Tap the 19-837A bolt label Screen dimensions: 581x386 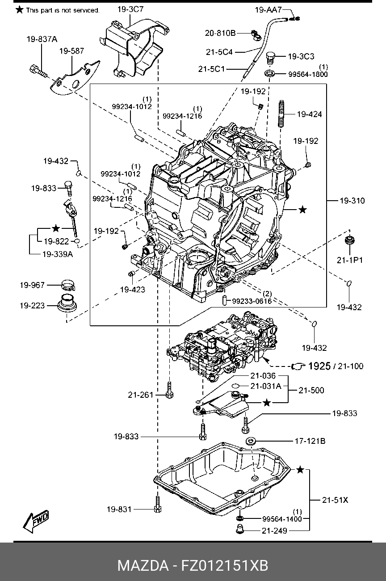tap(42, 39)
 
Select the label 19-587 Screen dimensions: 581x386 tap(71, 51)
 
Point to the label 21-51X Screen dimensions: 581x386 tap(335, 500)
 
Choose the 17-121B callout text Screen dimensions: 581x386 tap(310, 441)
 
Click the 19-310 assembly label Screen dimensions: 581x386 tap(352, 201)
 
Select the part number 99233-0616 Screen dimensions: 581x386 tap(252, 301)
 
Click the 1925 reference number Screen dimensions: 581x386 tap(319, 366)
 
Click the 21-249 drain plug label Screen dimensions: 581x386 tap(274, 530)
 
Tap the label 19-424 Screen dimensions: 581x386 tap(309, 114)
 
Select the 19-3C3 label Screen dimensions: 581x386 tap(301, 56)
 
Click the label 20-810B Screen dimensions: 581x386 tap(220, 33)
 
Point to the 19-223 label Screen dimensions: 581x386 tap(32, 306)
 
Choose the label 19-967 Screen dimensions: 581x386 tap(32, 285)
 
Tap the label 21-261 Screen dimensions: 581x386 tap(140, 395)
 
